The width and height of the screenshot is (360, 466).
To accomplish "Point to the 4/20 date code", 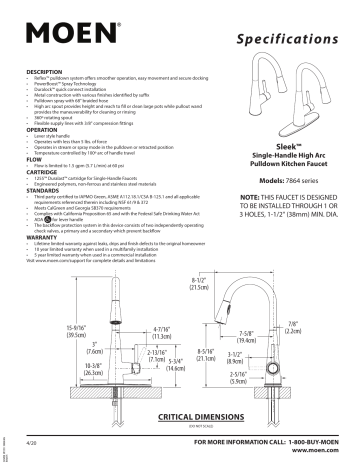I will [29, 442].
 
